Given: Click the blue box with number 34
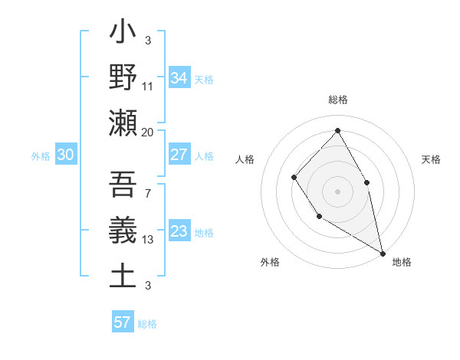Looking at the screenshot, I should tap(179, 78).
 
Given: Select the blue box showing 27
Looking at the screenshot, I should tap(179, 155).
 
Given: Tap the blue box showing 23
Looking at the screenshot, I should tap(179, 231).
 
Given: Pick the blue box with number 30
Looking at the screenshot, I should tap(66, 155).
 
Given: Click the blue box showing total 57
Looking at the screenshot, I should tap(123, 322).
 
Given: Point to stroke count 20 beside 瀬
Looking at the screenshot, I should tap(147, 133).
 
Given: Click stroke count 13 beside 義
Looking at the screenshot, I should tap(147, 240).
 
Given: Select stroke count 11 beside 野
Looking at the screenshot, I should tap(148, 87).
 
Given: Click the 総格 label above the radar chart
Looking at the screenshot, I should tap(337, 100).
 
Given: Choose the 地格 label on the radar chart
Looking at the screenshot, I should tap(402, 262).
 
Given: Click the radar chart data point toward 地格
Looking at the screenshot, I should tap(383, 252).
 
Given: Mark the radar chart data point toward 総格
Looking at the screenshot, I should tap(337, 130).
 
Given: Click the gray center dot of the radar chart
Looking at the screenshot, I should tap(337, 191).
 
